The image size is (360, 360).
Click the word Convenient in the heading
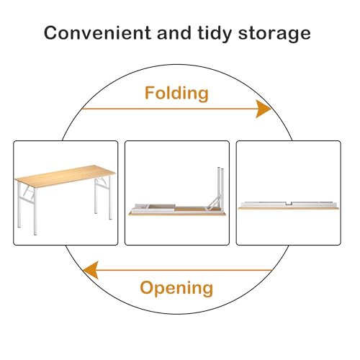pos(97,33)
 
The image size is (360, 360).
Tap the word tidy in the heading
pos(215,34)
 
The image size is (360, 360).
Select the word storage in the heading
pos(274,35)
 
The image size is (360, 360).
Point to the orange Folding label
pos(176,94)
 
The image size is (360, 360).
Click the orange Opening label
pos(176,288)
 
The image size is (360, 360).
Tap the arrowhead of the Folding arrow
pos(264,109)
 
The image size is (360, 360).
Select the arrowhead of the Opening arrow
pos(91,270)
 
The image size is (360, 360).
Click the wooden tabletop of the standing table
pos(65,176)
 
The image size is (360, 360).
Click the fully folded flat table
pos(288,205)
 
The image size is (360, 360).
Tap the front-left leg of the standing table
pos(35,211)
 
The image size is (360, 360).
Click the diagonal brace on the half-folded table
pos(214,202)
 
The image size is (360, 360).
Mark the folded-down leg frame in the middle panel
pos(154,208)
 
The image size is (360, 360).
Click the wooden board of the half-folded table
pos(177,213)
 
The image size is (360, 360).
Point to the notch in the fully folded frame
pos(289,204)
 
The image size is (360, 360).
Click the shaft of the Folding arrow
pos(169,109)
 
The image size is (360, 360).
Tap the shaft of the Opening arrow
pos(184,270)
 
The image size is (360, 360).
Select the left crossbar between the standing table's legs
pos(27,201)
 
